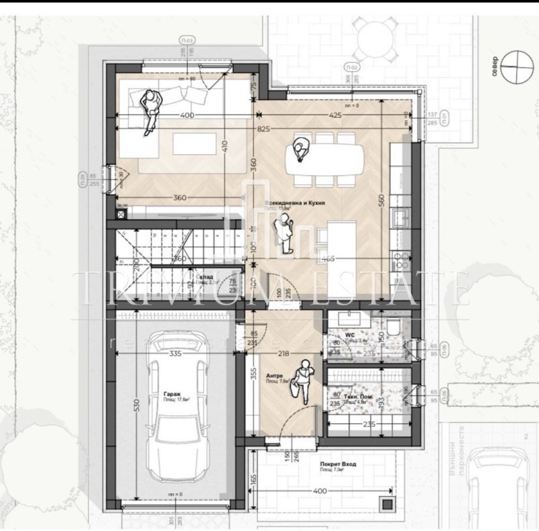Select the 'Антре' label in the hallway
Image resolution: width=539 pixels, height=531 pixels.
274,375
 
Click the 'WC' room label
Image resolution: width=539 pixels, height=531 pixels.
350,334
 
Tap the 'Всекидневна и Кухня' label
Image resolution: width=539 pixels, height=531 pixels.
296,202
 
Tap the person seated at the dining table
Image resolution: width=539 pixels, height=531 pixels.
300,149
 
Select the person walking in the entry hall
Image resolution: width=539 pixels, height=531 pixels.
304,381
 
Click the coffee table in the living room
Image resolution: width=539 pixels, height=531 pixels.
193,144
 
